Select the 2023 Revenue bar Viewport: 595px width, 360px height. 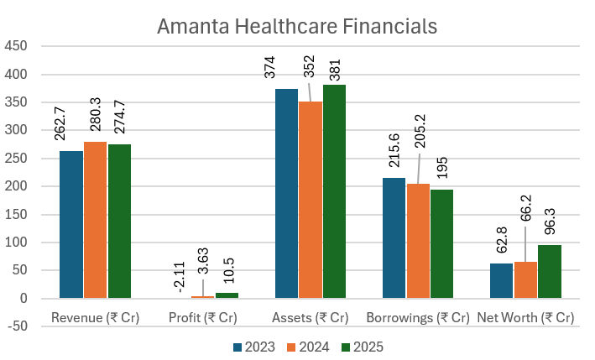71,224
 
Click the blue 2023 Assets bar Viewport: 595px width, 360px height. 286,194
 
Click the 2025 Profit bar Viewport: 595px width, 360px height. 227,295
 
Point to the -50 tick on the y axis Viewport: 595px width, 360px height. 17,326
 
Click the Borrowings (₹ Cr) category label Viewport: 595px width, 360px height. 418,318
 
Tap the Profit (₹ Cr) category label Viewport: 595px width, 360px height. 202,318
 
